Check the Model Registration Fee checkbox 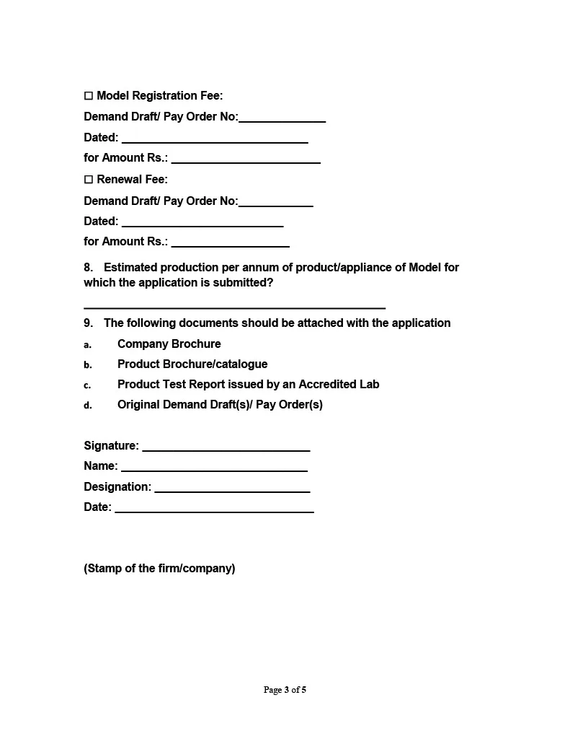89,96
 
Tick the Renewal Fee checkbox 89,180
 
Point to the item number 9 88,323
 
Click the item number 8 88,268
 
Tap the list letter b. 88,365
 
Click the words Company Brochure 169,344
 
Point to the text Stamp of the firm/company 159,569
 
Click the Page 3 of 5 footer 285,690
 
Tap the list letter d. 88,406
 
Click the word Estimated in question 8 130,268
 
